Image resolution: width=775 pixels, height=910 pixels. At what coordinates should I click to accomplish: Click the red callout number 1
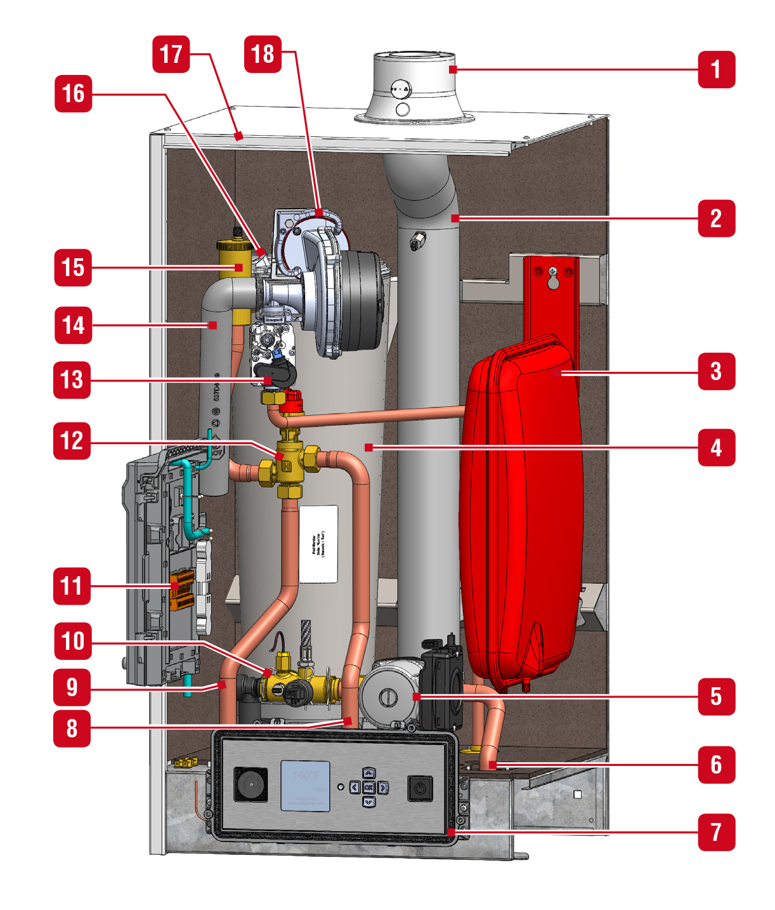716,69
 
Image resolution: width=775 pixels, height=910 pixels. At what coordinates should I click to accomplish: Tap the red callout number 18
263,54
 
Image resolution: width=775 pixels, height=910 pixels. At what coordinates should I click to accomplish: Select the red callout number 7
716,832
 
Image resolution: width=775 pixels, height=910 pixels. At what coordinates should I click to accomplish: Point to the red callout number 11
72,585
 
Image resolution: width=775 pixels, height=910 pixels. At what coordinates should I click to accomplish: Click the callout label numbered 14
73,326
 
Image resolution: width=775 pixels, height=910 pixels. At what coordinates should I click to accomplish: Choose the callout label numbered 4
716,447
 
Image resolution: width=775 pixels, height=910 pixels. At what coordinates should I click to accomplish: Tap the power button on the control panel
419,789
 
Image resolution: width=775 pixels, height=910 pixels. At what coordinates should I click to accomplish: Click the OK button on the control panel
368,788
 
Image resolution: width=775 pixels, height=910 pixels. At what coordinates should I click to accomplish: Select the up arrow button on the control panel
368,773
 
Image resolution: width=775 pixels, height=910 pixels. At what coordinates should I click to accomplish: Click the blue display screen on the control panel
305,786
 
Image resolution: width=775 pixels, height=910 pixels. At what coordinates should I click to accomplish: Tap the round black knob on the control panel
251,784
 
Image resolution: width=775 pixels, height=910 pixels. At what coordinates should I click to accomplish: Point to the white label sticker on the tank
318,544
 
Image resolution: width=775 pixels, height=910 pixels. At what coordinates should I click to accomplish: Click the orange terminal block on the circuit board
181,590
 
